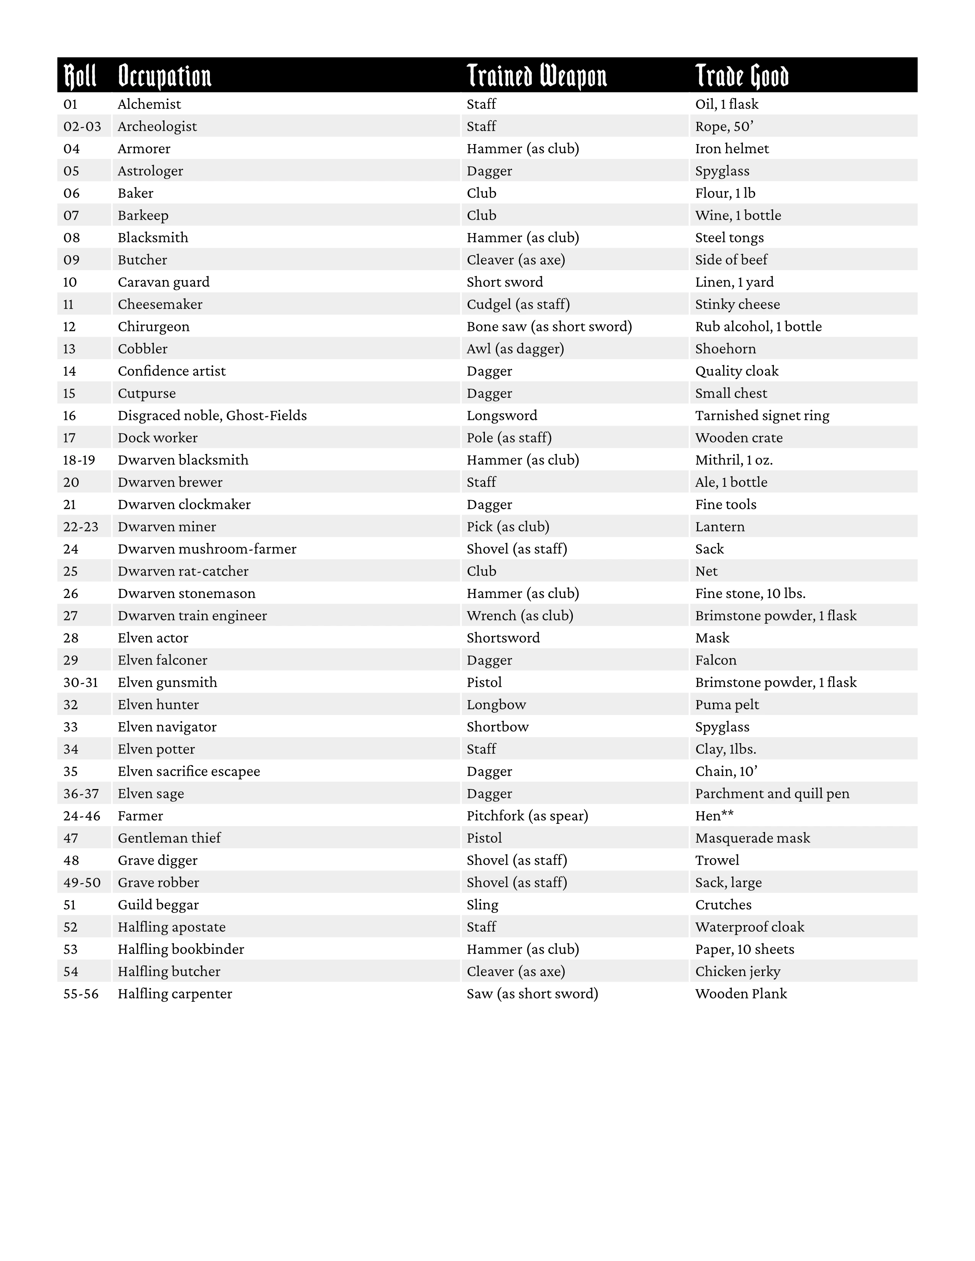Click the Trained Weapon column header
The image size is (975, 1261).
tap(536, 76)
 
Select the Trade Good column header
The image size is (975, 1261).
tap(742, 76)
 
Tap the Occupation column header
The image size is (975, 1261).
tap(165, 76)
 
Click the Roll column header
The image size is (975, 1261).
tap(80, 76)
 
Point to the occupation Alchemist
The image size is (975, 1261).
tap(149, 104)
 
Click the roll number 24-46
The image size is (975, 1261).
tap(81, 816)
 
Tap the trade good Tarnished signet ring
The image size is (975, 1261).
tap(762, 416)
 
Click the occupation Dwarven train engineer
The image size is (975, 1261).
tap(192, 616)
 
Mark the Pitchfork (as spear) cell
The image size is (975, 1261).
tap(527, 816)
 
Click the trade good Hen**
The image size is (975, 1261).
tap(714, 816)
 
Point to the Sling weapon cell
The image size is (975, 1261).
tap(482, 905)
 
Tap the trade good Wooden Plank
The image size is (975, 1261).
tap(741, 994)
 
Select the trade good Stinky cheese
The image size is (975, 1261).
tap(737, 304)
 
